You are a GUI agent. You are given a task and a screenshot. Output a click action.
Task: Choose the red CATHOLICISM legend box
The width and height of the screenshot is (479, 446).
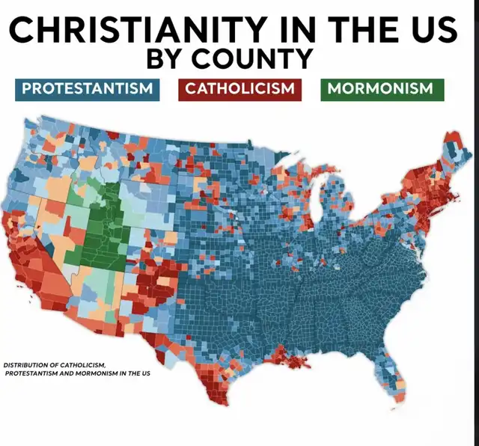tap(239, 88)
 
